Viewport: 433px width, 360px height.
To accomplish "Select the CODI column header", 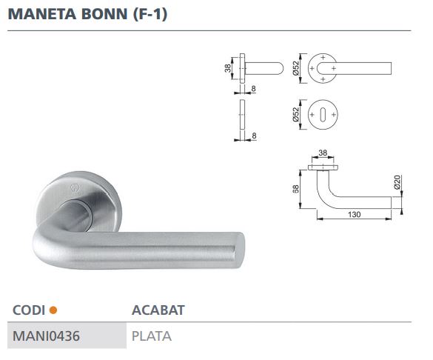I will pyautogui.click(x=29, y=310).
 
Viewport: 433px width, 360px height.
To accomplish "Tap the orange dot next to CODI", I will pyautogui.click(x=53, y=310).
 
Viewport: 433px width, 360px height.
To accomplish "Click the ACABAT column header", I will pyautogui.click(x=158, y=310).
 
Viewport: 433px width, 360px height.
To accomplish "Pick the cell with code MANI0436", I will pyautogui.click(x=47, y=336).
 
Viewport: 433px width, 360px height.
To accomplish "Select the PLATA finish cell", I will pyautogui.click(x=151, y=336).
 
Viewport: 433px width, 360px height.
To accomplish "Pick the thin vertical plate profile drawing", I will pyautogui.click(x=244, y=118).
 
